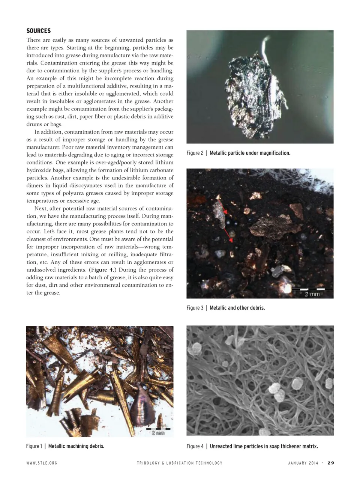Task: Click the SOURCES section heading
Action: [38, 31]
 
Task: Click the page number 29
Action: [330, 463]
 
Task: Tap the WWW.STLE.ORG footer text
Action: [42, 463]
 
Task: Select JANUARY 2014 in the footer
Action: [303, 463]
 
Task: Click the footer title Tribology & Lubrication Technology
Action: [180, 463]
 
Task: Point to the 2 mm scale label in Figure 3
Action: [312, 294]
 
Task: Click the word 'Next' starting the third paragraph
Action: [41, 209]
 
